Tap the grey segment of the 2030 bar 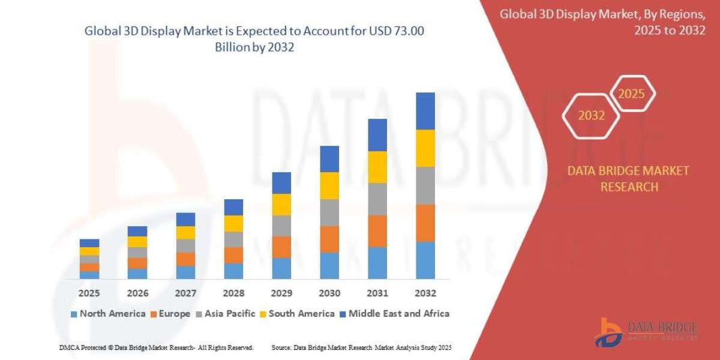[x=329, y=212]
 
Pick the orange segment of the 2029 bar [x=281, y=247]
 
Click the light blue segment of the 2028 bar [x=233, y=271]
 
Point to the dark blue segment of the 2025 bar [x=89, y=243]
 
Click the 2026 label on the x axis [x=137, y=293]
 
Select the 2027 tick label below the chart [x=185, y=293]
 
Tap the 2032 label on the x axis [x=425, y=293]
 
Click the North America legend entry [x=108, y=313]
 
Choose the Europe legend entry [x=170, y=313]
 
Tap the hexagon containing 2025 [x=631, y=94]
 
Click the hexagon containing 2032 [x=591, y=116]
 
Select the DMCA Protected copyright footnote [x=156, y=347]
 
